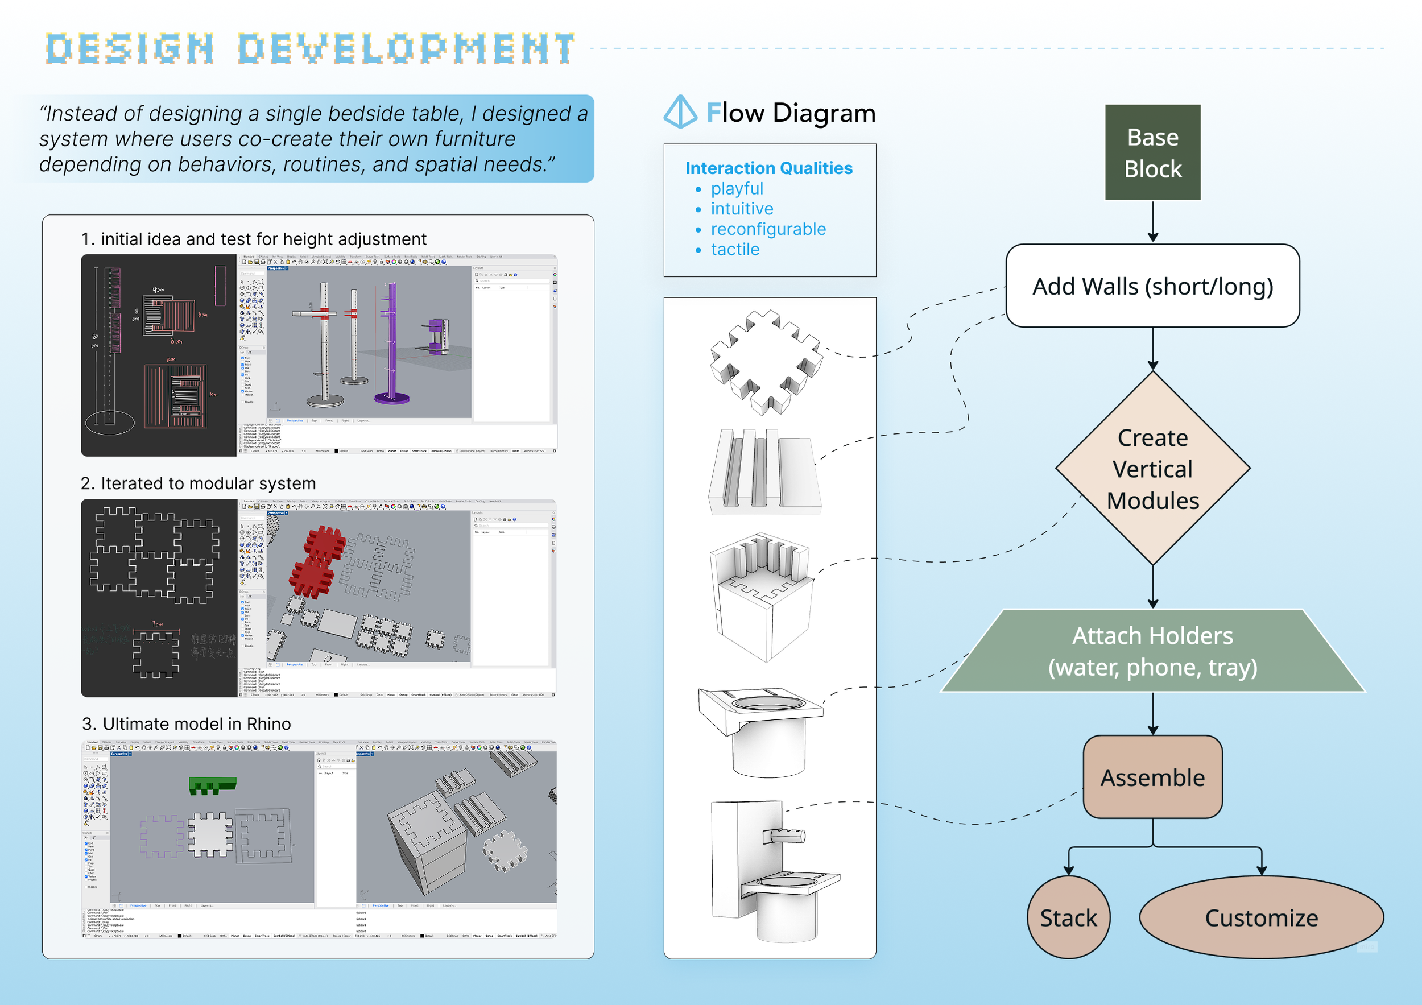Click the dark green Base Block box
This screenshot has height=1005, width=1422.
(x=1152, y=152)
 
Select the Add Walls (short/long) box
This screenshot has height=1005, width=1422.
(x=1152, y=286)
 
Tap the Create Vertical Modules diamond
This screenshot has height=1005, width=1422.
(x=1152, y=468)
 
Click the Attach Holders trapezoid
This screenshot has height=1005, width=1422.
(x=1152, y=651)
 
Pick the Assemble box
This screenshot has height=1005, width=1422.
(x=1152, y=777)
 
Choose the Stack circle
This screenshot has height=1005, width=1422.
(x=1068, y=917)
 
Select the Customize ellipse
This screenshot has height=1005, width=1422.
(x=1261, y=917)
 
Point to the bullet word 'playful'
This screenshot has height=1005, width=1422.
(x=737, y=188)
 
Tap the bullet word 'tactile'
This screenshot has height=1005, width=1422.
(x=734, y=249)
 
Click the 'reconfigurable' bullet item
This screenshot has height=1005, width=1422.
(x=768, y=229)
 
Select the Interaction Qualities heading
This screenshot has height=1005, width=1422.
(x=768, y=168)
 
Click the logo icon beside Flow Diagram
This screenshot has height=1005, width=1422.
(x=680, y=112)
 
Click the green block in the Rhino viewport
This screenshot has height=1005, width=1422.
(x=212, y=786)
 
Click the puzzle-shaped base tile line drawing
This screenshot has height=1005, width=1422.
(x=766, y=362)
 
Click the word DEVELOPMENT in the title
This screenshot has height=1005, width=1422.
(x=406, y=49)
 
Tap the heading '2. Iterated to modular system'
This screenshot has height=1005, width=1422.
(x=198, y=483)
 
